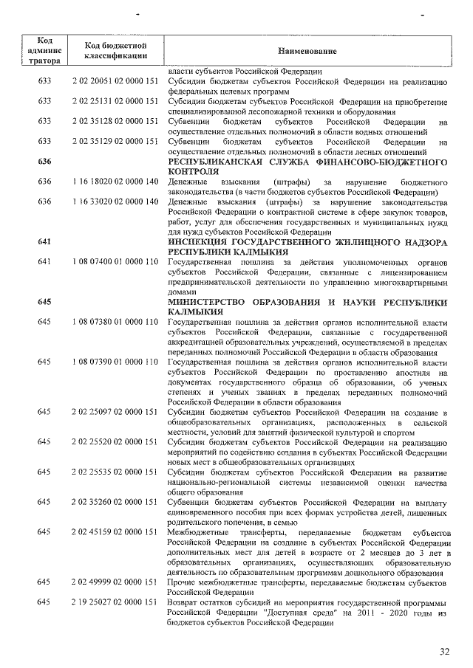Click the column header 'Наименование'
click(307, 51)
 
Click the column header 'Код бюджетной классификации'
click(118, 51)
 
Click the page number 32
click(444, 651)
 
